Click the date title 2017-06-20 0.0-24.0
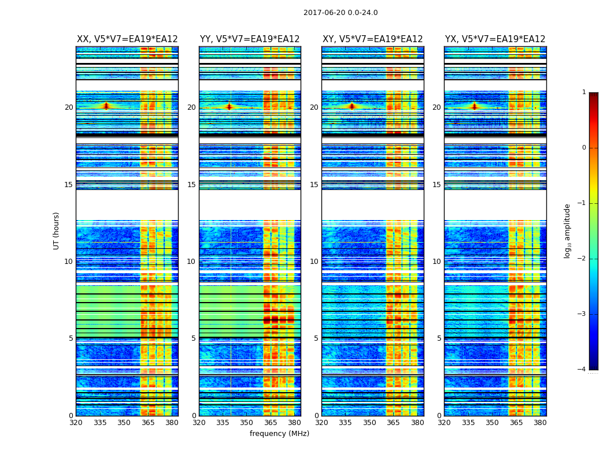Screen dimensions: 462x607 coord(340,13)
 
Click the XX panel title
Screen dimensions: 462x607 coord(127,39)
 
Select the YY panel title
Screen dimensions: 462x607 coord(250,39)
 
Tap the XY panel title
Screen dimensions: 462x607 coord(372,39)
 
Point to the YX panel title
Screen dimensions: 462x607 coord(495,39)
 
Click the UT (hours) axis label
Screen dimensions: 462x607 coord(57,230)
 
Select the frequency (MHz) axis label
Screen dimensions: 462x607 coord(279,434)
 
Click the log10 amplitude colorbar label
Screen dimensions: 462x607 coord(568,230)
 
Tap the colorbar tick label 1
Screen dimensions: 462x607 coord(583,92)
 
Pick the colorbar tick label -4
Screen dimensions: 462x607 coord(582,370)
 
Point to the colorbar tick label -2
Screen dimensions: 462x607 coord(582,259)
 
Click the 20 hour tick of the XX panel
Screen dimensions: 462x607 coord(69,107)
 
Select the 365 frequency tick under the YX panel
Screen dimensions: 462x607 coord(516,423)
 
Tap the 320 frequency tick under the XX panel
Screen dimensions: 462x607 coord(76,423)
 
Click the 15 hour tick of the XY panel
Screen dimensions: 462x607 coord(314,185)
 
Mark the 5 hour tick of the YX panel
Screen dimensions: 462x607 coord(439,338)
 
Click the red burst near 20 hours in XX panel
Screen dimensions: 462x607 coord(106,106)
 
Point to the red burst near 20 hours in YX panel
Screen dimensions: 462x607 coord(474,106)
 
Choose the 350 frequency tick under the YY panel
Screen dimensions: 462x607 coord(247,423)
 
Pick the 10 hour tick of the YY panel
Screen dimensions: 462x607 coord(191,262)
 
